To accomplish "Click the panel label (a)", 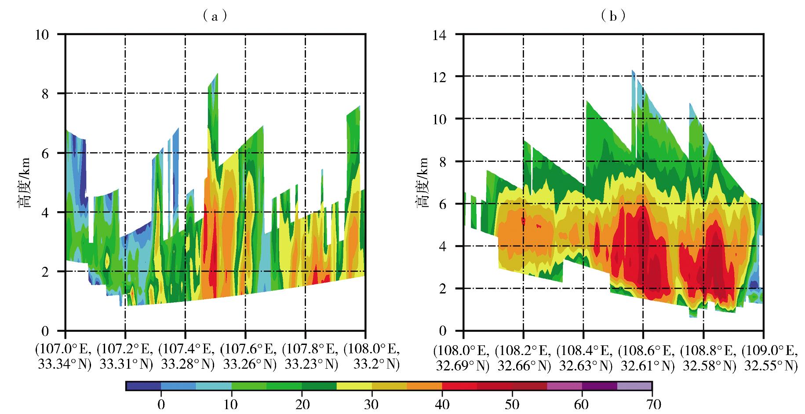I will [x=215, y=16].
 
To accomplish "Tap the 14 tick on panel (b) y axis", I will [x=445, y=34].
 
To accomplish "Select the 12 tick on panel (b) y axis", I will [x=445, y=77].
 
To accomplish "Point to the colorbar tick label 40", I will [x=442, y=403].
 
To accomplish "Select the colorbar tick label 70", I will [x=652, y=403].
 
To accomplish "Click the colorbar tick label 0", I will [x=161, y=403].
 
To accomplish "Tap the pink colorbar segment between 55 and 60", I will [x=565, y=386].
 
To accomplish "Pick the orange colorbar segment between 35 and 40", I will [x=424, y=386].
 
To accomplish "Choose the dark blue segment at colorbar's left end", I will [x=143, y=386].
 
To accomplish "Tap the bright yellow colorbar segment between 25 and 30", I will [x=354, y=386].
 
